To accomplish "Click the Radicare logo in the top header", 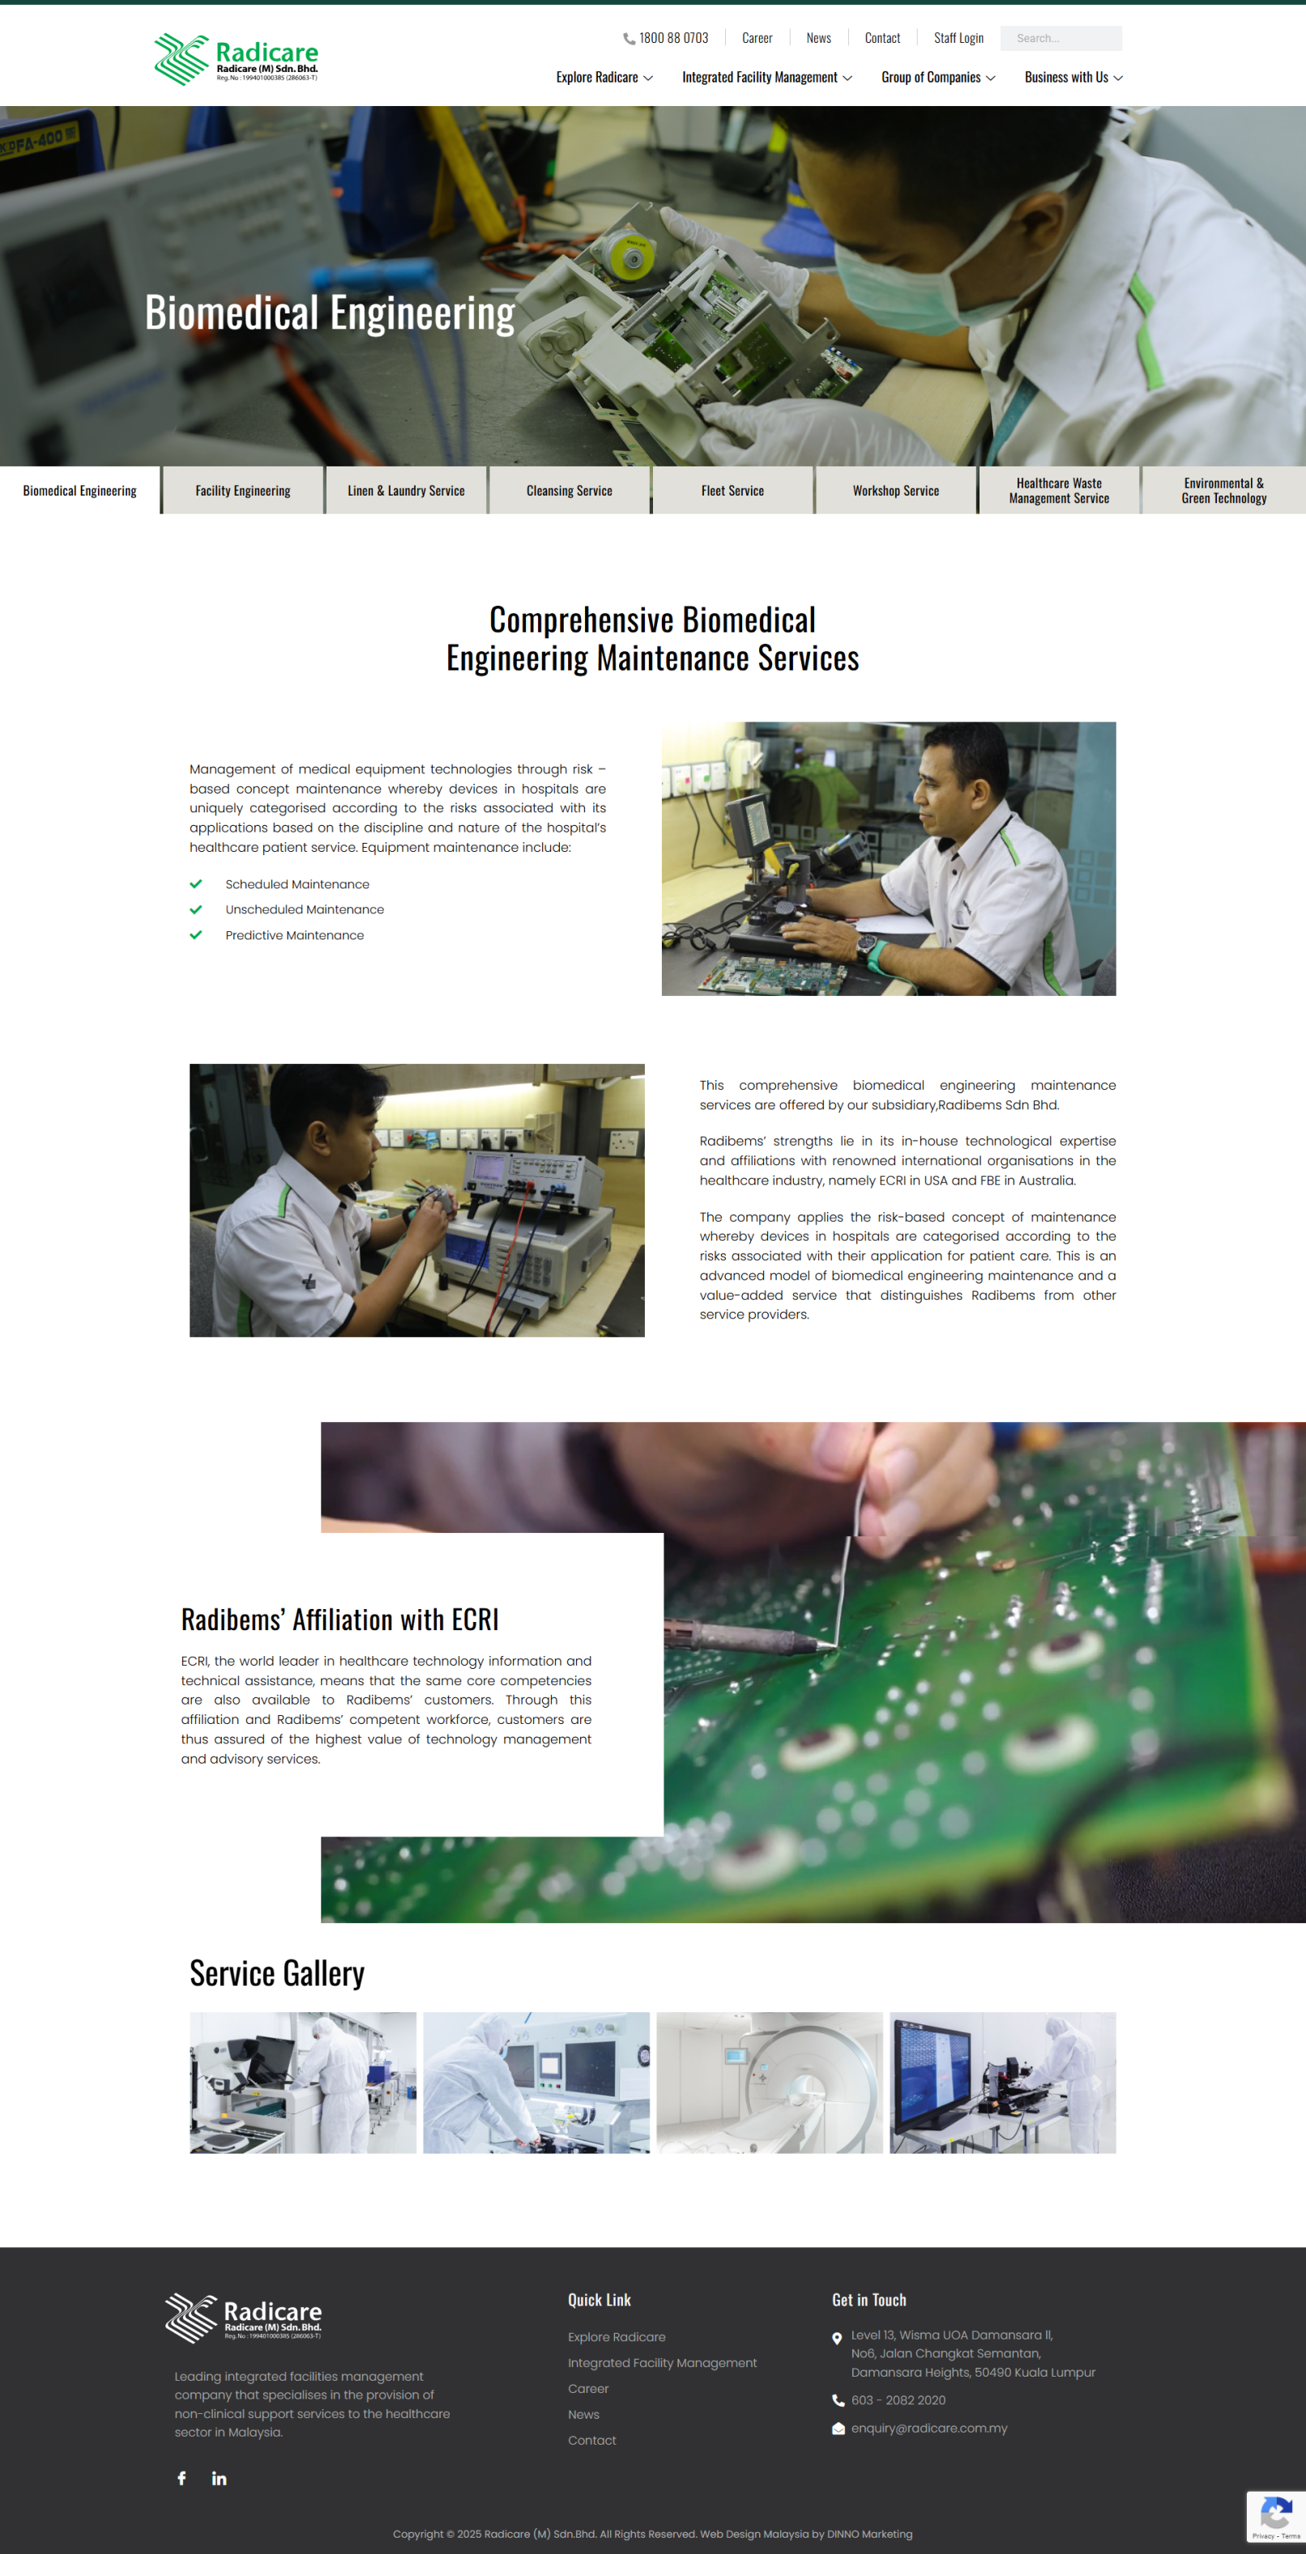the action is click(x=236, y=59).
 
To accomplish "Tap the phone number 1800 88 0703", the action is click(x=673, y=39).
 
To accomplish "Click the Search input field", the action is click(x=1061, y=39).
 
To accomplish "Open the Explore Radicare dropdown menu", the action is click(x=604, y=78).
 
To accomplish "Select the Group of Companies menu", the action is click(x=938, y=78).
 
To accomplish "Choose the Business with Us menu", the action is click(x=1073, y=78).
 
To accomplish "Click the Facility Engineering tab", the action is click(x=243, y=491).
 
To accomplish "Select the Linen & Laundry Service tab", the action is click(x=407, y=491).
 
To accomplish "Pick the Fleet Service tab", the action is click(x=733, y=491).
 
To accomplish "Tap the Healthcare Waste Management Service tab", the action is click(x=1059, y=491).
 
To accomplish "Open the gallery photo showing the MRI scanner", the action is click(x=770, y=2082).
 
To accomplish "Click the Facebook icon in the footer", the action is click(x=181, y=2479).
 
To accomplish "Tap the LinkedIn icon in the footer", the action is click(x=220, y=2479).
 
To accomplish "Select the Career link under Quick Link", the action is click(x=588, y=2389).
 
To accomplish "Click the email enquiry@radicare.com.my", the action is click(x=929, y=2428).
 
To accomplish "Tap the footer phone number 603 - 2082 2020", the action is click(x=898, y=2400).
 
